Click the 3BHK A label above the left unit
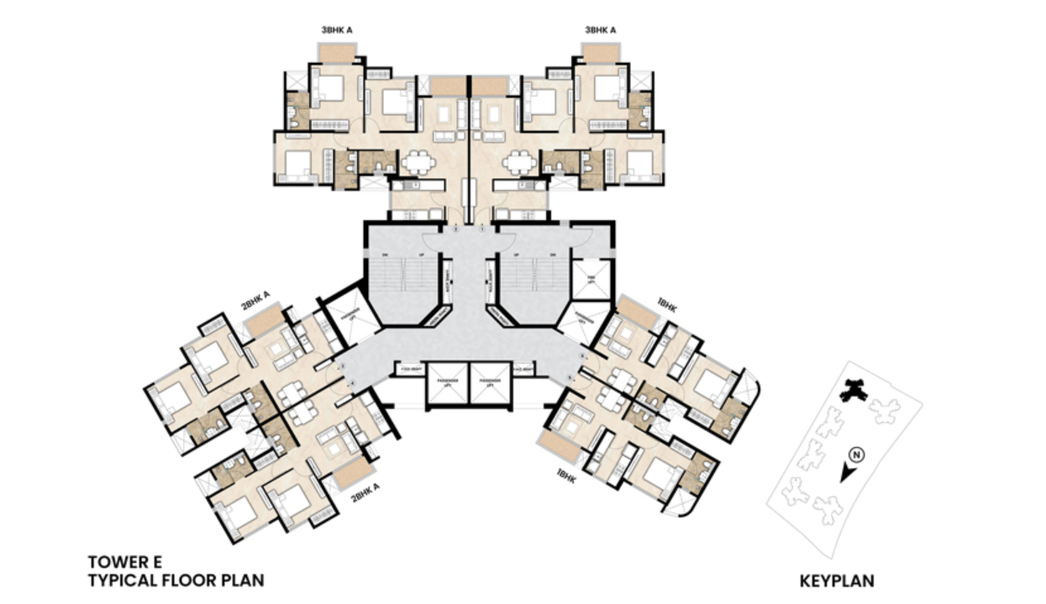pos(337,31)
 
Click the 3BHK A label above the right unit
pos(601,31)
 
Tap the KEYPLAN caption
pos(837,580)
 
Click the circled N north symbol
pos(856,455)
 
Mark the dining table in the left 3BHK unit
pos(416,161)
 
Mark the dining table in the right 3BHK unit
pos(521,161)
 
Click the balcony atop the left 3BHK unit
pos(339,53)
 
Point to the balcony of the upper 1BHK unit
pos(636,313)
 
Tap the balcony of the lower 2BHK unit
pos(353,473)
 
